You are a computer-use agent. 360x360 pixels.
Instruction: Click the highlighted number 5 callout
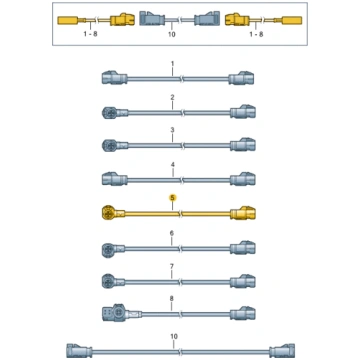[x=172, y=198]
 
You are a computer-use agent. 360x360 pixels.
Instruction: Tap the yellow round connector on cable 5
[x=108, y=212]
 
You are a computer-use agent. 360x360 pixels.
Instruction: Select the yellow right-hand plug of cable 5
[x=243, y=212]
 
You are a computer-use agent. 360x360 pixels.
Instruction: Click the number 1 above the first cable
[x=172, y=63]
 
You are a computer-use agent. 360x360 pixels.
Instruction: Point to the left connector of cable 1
[x=114, y=78]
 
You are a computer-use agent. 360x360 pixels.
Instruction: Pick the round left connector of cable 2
[x=108, y=113]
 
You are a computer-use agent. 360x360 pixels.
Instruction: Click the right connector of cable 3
[x=243, y=144]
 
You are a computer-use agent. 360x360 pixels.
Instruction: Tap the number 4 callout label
[x=172, y=165]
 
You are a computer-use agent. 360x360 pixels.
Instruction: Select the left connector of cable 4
[x=114, y=179]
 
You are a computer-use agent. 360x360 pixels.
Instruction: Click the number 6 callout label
[x=172, y=233]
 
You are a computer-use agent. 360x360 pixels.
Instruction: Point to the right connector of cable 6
[x=243, y=247]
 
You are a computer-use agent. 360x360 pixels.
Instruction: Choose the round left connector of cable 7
[x=108, y=280]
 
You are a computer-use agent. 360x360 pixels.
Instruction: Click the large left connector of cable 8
[x=114, y=312]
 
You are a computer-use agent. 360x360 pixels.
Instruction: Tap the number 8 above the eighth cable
[x=172, y=298]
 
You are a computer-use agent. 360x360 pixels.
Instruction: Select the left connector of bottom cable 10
[x=79, y=351]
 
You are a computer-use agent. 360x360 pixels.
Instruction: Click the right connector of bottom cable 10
[x=282, y=351]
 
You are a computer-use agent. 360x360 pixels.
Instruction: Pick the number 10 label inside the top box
[x=172, y=34]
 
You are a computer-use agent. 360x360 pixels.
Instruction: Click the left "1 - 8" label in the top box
[x=90, y=34]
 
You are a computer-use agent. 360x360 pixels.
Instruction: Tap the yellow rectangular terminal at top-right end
[x=292, y=20]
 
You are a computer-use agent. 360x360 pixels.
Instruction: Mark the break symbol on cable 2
[x=182, y=113]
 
